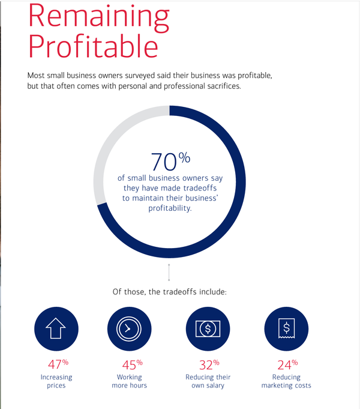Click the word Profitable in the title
point(93,46)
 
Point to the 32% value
point(208,365)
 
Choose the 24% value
point(286,365)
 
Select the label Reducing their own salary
point(208,381)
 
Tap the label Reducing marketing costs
point(286,381)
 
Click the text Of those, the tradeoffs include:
point(169,292)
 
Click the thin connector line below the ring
point(169,272)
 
